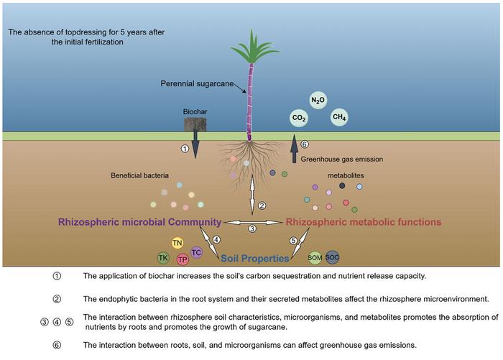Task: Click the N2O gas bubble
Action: (x=317, y=100)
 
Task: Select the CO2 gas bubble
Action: (x=299, y=118)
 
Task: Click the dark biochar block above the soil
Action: (x=195, y=124)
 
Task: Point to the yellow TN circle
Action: (x=177, y=244)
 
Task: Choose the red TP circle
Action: (x=183, y=259)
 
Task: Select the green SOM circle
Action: (x=315, y=257)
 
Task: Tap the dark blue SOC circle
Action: (x=333, y=256)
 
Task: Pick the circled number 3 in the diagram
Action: (x=251, y=229)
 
